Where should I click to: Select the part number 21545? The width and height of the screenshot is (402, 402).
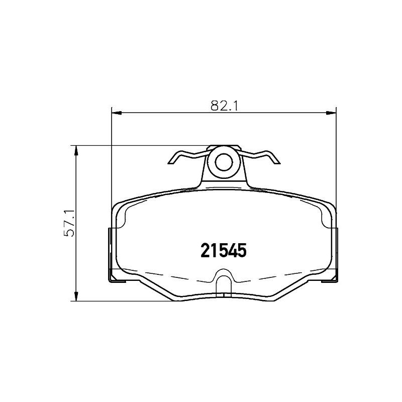tap(223, 250)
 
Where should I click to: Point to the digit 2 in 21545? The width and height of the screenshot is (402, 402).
tap(206, 250)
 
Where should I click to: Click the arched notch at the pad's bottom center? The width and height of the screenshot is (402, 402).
tap(223, 279)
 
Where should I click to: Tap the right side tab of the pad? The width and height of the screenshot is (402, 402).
tap(336, 251)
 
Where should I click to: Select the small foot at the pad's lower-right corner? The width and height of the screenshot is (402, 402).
tap(332, 278)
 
